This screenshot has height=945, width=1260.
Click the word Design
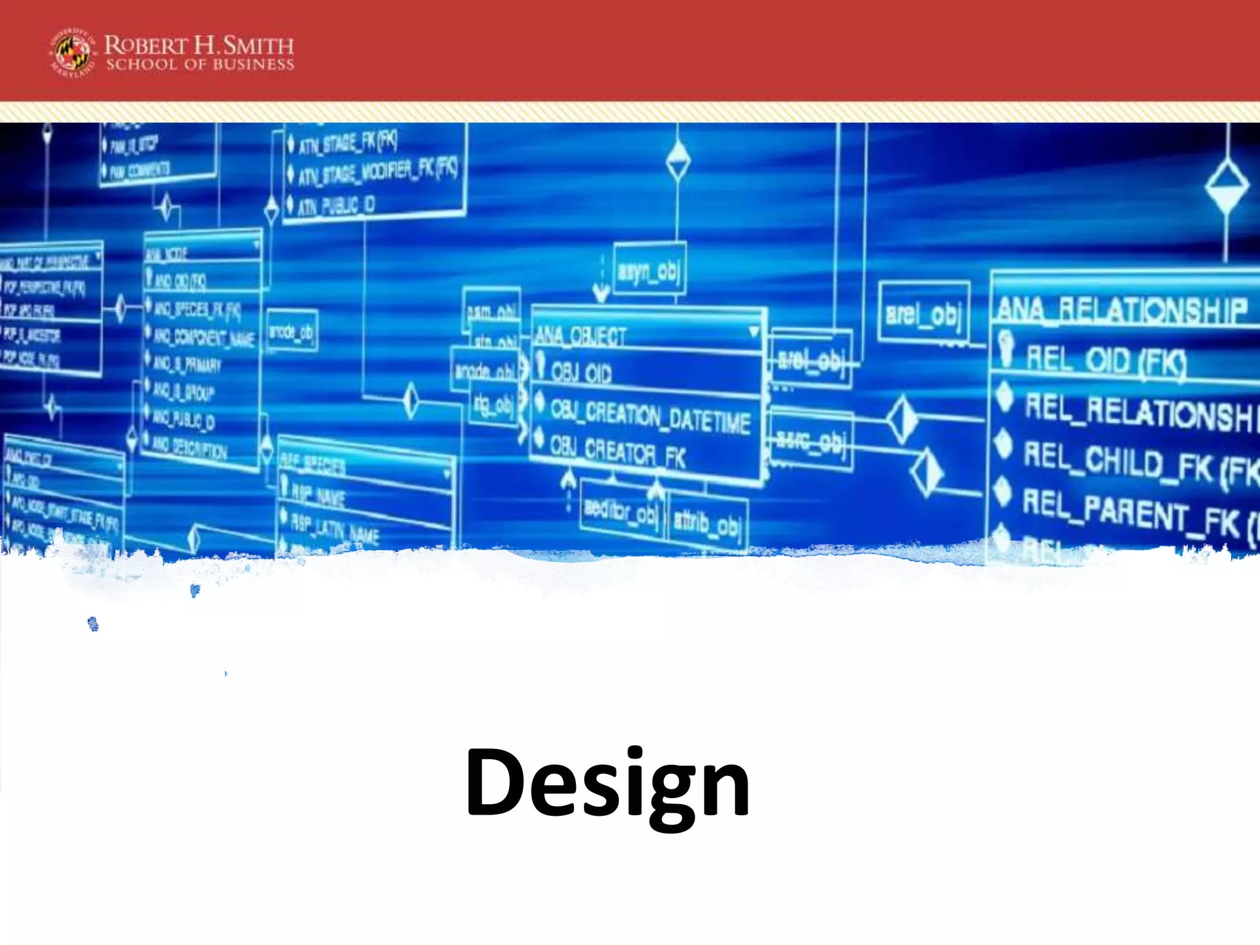[607, 784]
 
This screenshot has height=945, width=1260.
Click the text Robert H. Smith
[199, 45]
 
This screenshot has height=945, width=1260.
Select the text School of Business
[200, 65]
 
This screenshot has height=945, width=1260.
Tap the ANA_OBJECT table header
[580, 336]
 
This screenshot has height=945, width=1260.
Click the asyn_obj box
[649, 271]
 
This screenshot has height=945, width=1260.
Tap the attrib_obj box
[707, 523]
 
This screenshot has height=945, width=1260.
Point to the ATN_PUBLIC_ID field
[336, 205]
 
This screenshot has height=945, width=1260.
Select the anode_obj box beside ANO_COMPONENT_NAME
[292, 332]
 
